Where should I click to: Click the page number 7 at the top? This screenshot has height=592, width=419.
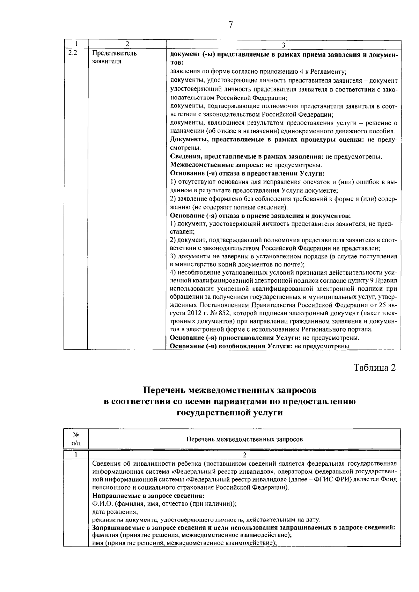[x=230, y=25]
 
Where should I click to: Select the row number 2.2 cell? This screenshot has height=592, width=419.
[x=73, y=53]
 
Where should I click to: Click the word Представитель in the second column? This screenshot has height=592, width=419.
[x=114, y=54]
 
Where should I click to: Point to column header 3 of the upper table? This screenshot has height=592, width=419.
[x=284, y=45]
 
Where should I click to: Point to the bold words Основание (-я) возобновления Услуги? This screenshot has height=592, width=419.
[x=233, y=346]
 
